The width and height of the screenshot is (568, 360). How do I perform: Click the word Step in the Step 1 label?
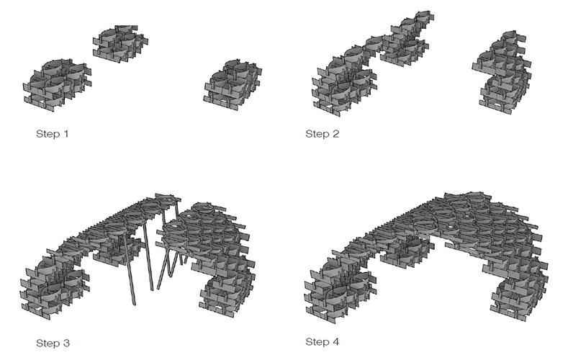pyautogui.click(x=48, y=134)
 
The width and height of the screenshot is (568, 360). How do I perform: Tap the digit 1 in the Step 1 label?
pyautogui.click(x=66, y=134)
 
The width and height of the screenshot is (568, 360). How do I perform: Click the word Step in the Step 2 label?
pyautogui.click(x=317, y=134)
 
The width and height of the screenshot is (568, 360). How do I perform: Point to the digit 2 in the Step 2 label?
pyautogui.click(x=335, y=134)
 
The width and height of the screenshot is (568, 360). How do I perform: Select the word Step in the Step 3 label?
pyautogui.click(x=48, y=343)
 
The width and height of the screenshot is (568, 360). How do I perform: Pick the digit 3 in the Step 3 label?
pyautogui.click(x=66, y=343)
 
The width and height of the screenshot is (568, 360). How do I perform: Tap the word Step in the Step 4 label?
pyautogui.click(x=317, y=342)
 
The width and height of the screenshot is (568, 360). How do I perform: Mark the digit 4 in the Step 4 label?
pyautogui.click(x=335, y=341)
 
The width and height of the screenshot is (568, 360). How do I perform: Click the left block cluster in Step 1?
pyautogui.click(x=58, y=86)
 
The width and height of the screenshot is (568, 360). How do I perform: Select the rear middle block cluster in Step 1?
pyautogui.click(x=121, y=43)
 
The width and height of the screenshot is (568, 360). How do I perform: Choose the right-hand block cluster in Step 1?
pyautogui.click(x=233, y=84)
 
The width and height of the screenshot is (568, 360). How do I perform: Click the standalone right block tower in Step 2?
pyautogui.click(x=502, y=73)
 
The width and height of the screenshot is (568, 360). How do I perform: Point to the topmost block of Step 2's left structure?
pyautogui.click(x=423, y=17)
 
